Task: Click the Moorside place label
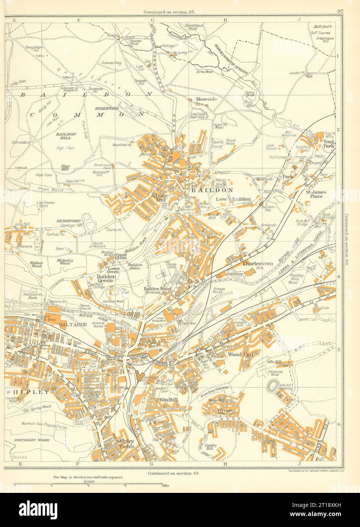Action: [207, 99]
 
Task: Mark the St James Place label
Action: [316, 194]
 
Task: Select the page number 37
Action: [340, 11]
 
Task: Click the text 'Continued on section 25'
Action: [169, 12]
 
